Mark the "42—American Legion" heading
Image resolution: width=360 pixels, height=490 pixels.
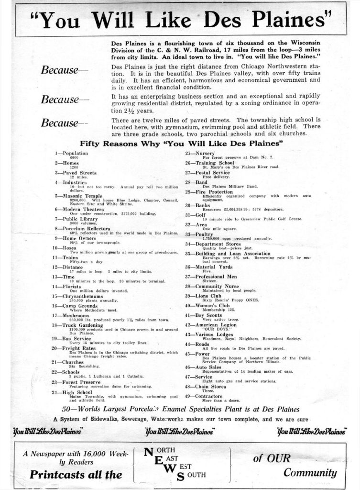point(210,324)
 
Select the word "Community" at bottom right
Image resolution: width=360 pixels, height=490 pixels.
point(310,473)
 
